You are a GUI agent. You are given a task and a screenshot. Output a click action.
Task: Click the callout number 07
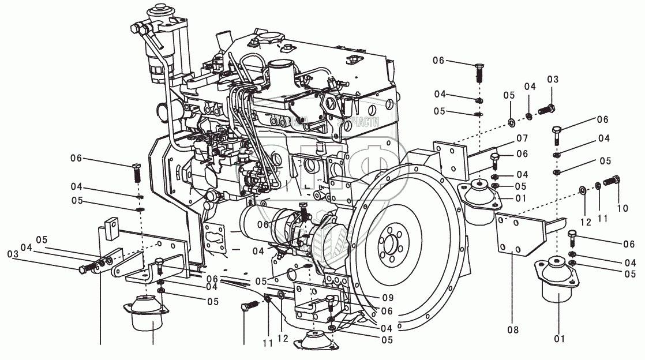tap(522, 138)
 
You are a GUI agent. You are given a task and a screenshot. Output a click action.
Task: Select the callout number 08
tap(513, 330)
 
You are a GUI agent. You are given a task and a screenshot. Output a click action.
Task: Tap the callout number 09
tap(387, 298)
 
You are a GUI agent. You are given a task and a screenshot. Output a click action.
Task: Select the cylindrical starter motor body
tap(263, 225)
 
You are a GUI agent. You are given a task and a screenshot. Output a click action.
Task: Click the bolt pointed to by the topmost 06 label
tap(478, 73)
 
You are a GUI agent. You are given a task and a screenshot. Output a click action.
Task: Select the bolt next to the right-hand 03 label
tap(546, 108)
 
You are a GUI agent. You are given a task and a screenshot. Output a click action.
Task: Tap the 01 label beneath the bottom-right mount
tap(558, 338)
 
